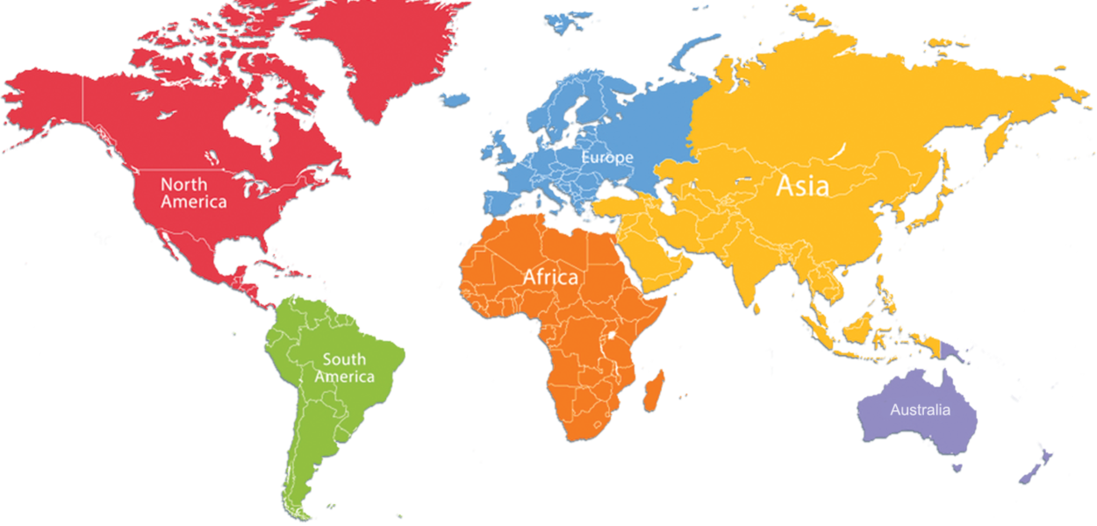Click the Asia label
coord(802,186)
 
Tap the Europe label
coord(606,158)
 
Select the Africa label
coord(550,277)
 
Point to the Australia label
coord(920,409)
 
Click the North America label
coord(193,193)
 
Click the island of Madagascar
coord(653,390)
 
